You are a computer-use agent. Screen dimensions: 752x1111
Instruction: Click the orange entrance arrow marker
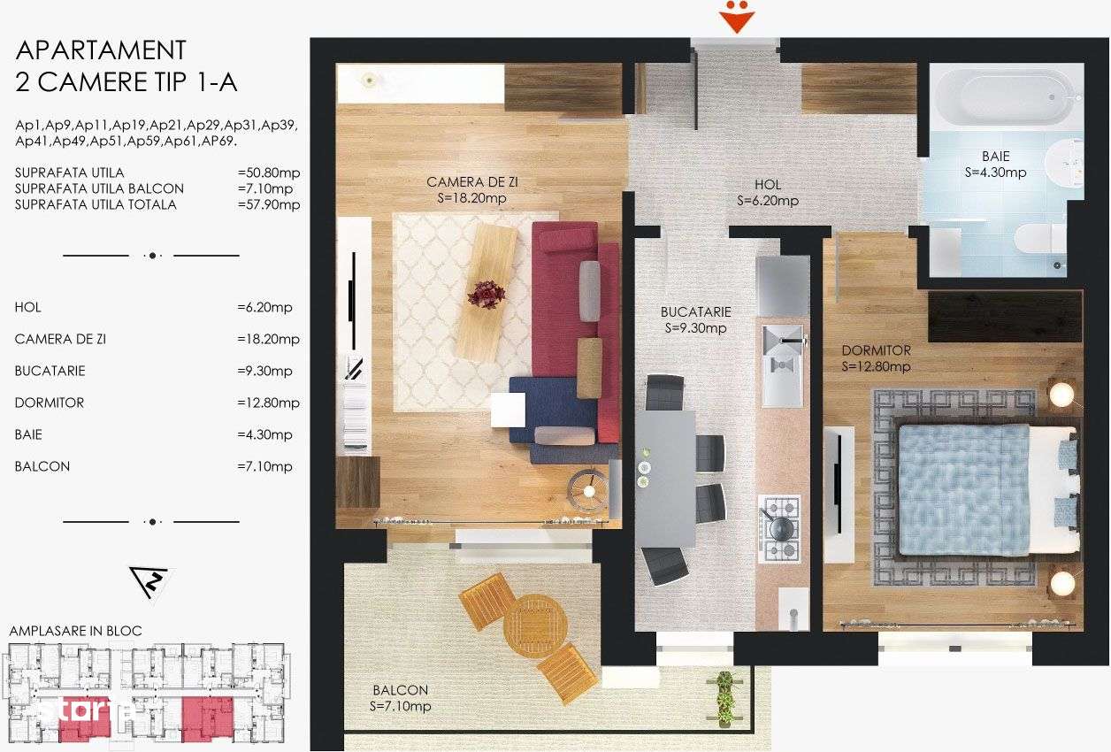pyautogui.click(x=735, y=18)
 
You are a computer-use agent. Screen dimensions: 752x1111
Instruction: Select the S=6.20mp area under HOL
pyautogui.click(x=768, y=201)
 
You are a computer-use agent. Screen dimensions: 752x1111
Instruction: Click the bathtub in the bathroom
pyautogui.click(x=1008, y=96)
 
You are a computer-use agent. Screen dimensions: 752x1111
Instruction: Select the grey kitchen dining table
pyautogui.click(x=664, y=478)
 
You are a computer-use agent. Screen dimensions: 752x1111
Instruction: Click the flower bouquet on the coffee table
pyautogui.click(x=486, y=294)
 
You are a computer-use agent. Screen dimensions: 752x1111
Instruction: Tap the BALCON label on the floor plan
pyautogui.click(x=400, y=690)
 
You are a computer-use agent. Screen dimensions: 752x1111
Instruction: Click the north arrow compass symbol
pyautogui.click(x=149, y=580)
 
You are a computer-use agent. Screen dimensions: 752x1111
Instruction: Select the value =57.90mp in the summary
pyautogui.click(x=269, y=204)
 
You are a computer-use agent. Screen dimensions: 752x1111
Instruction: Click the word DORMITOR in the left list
pyautogui.click(x=50, y=403)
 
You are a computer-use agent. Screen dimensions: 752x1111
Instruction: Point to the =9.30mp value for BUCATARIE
pyautogui.click(x=269, y=371)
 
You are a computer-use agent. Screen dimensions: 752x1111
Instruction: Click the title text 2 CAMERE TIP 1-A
pyautogui.click(x=126, y=82)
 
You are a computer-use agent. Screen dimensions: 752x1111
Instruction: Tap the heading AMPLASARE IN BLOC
pyautogui.click(x=75, y=631)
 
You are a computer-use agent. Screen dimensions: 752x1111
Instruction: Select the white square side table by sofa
pyautogui.click(x=508, y=410)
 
